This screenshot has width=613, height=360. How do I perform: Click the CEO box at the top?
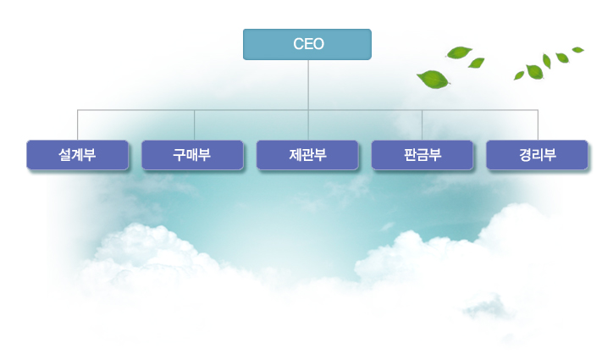(x=307, y=44)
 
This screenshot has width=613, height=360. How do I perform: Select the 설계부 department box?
(x=77, y=155)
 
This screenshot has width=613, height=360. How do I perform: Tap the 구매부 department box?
(x=192, y=155)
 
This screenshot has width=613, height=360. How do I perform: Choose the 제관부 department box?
(x=307, y=155)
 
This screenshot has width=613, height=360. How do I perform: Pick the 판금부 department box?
(x=422, y=155)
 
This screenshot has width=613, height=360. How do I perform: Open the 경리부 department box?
(x=538, y=155)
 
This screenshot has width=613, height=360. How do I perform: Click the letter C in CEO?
(x=298, y=44)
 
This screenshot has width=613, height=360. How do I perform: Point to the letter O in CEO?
(x=318, y=44)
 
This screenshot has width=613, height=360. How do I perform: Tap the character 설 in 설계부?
(x=64, y=155)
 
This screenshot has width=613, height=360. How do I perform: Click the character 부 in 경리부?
(x=550, y=155)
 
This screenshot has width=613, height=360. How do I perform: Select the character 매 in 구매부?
(x=192, y=155)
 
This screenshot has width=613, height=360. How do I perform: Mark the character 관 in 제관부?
(x=307, y=155)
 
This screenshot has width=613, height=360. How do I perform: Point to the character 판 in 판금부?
(x=410, y=155)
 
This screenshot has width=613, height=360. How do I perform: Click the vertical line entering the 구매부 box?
(x=194, y=125)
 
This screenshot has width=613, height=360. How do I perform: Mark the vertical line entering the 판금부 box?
(x=422, y=125)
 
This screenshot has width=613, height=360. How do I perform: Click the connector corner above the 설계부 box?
(x=78, y=110)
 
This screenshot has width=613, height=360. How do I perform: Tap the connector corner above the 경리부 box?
(x=538, y=110)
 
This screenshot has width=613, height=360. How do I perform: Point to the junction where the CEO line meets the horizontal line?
(x=308, y=110)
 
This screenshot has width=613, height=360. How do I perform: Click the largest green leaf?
(x=432, y=80)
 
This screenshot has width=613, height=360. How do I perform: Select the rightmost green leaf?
(x=578, y=50)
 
